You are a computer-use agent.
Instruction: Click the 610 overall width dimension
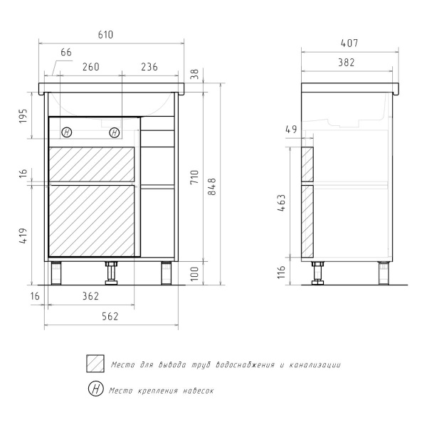pyautogui.click(x=105, y=35)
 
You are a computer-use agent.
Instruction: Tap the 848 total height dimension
pyautogui.click(x=212, y=186)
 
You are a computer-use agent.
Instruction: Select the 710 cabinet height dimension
pyautogui.click(x=194, y=177)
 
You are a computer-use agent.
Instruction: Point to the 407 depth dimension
pyautogui.click(x=349, y=43)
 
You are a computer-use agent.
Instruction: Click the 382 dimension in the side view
pyautogui.click(x=347, y=63)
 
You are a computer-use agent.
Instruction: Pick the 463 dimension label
pyautogui.click(x=281, y=203)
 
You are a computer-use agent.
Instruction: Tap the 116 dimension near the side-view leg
pyautogui.click(x=281, y=272)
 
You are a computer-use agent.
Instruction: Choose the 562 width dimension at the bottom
pyautogui.click(x=110, y=317)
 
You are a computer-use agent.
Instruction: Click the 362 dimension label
pyautogui.click(x=90, y=296)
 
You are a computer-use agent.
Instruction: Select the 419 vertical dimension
pyautogui.click(x=23, y=236)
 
